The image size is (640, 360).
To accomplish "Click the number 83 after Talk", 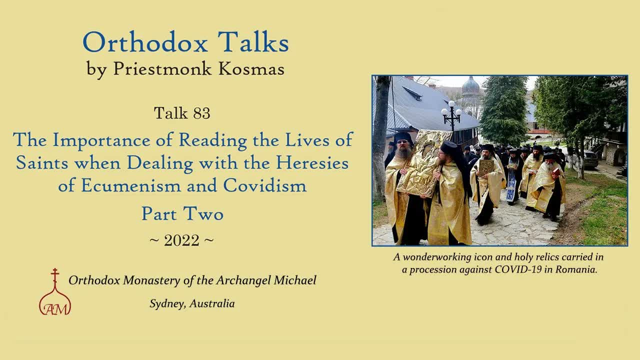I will click(201, 113).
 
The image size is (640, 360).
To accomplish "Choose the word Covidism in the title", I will click(264, 185).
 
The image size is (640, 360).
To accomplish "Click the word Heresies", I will click(313, 162).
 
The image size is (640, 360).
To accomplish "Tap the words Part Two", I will click(182, 213).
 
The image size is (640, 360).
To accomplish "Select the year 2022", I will click(181, 240).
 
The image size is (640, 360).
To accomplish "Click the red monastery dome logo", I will click(55, 295).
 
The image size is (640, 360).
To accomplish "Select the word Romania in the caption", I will click(578, 269).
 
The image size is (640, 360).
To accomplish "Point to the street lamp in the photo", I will click(451, 116).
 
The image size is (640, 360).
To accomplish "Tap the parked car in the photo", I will click(590, 159).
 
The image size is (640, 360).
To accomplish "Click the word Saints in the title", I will click(41, 162).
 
